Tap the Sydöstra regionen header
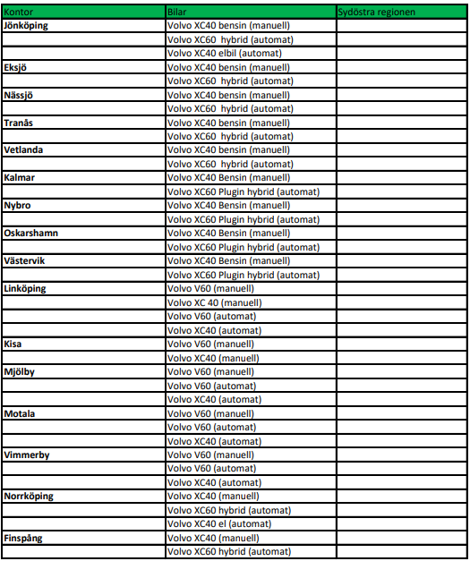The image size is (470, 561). pyautogui.click(x=376, y=12)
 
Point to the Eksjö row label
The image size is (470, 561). pyautogui.click(x=17, y=67)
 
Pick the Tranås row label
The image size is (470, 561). pyautogui.click(x=19, y=123)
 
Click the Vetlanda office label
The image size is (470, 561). pyautogui.click(x=22, y=150)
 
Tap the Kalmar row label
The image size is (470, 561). pyautogui.click(x=19, y=178)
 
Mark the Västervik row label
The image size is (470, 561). pyautogui.click(x=25, y=260)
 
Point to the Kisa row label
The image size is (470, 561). pyautogui.click(x=13, y=344)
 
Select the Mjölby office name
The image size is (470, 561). pyautogui.click(x=19, y=371)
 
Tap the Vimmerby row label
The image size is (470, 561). pyautogui.click(x=26, y=455)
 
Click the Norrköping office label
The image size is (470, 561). pyautogui.click(x=28, y=496)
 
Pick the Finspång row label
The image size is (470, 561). pyautogui.click(x=23, y=538)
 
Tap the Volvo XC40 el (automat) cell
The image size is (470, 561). pyautogui.click(x=219, y=523)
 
